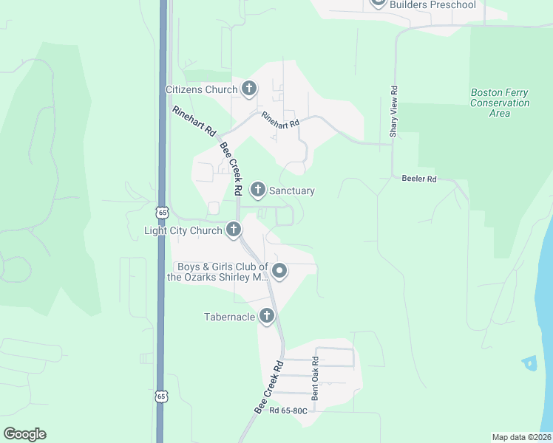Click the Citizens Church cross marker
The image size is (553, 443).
click(x=248, y=89)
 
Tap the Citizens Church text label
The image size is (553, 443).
click(x=201, y=90)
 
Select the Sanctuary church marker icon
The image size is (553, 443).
click(x=258, y=190)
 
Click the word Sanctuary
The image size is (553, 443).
click(x=291, y=190)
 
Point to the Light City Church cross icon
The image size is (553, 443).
click(x=234, y=230)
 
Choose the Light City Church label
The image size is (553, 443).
click(x=183, y=231)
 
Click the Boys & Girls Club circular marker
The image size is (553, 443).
click(x=279, y=272)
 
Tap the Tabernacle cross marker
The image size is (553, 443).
click(x=267, y=317)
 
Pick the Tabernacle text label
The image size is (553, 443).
click(x=229, y=317)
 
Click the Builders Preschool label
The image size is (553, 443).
click(x=432, y=5)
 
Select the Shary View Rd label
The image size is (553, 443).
click(x=394, y=112)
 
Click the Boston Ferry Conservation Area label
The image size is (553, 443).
click(x=500, y=103)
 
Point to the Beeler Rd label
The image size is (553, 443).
click(x=419, y=179)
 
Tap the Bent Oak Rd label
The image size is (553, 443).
click(x=315, y=379)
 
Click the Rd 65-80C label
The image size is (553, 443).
click(x=288, y=411)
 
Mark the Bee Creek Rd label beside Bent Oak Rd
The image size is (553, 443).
click(x=269, y=388)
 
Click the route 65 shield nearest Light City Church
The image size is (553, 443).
click(x=163, y=213)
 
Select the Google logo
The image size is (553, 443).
click(x=24, y=434)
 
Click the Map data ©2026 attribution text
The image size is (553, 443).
click(x=521, y=437)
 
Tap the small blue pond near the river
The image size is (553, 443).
click(x=529, y=363)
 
